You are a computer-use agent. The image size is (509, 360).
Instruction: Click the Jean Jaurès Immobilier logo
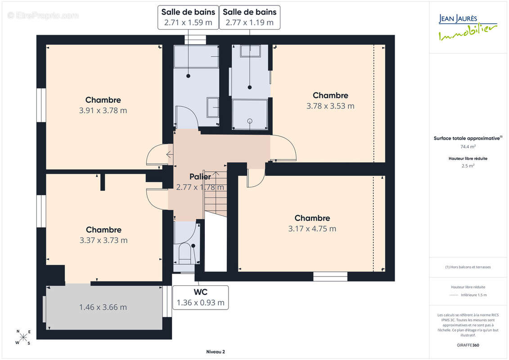[x=468, y=27]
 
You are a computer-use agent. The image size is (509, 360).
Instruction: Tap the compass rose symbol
[x=23, y=337]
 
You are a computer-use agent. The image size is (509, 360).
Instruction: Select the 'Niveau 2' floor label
[x=216, y=351]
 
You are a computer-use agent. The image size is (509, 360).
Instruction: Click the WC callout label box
[x=200, y=297]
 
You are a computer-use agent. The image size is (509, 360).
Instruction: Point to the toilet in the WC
[x=185, y=253]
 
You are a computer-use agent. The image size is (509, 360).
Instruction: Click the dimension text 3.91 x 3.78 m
[x=103, y=110]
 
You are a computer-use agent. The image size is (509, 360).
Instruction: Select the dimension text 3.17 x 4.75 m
[x=312, y=229]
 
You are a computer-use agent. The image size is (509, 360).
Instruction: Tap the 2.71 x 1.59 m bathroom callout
[x=188, y=18]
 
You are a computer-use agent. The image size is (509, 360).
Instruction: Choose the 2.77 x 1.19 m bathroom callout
[x=250, y=18]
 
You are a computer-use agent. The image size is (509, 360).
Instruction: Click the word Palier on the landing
[x=200, y=176]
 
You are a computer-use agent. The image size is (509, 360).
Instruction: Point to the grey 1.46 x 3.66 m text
[x=103, y=307]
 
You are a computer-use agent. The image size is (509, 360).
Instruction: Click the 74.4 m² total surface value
[x=468, y=147]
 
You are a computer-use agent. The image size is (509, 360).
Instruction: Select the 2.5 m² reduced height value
[x=468, y=166]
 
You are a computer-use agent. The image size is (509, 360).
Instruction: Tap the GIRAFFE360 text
[x=468, y=345]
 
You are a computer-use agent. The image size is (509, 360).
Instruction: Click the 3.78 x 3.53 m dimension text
[x=330, y=106]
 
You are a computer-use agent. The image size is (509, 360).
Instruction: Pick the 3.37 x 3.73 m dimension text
[x=104, y=240]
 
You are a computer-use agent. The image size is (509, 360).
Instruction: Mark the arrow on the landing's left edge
[x=170, y=154]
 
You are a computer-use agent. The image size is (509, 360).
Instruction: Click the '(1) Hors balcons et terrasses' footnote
[x=468, y=267]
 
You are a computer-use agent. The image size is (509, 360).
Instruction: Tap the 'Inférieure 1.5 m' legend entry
[x=473, y=295]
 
